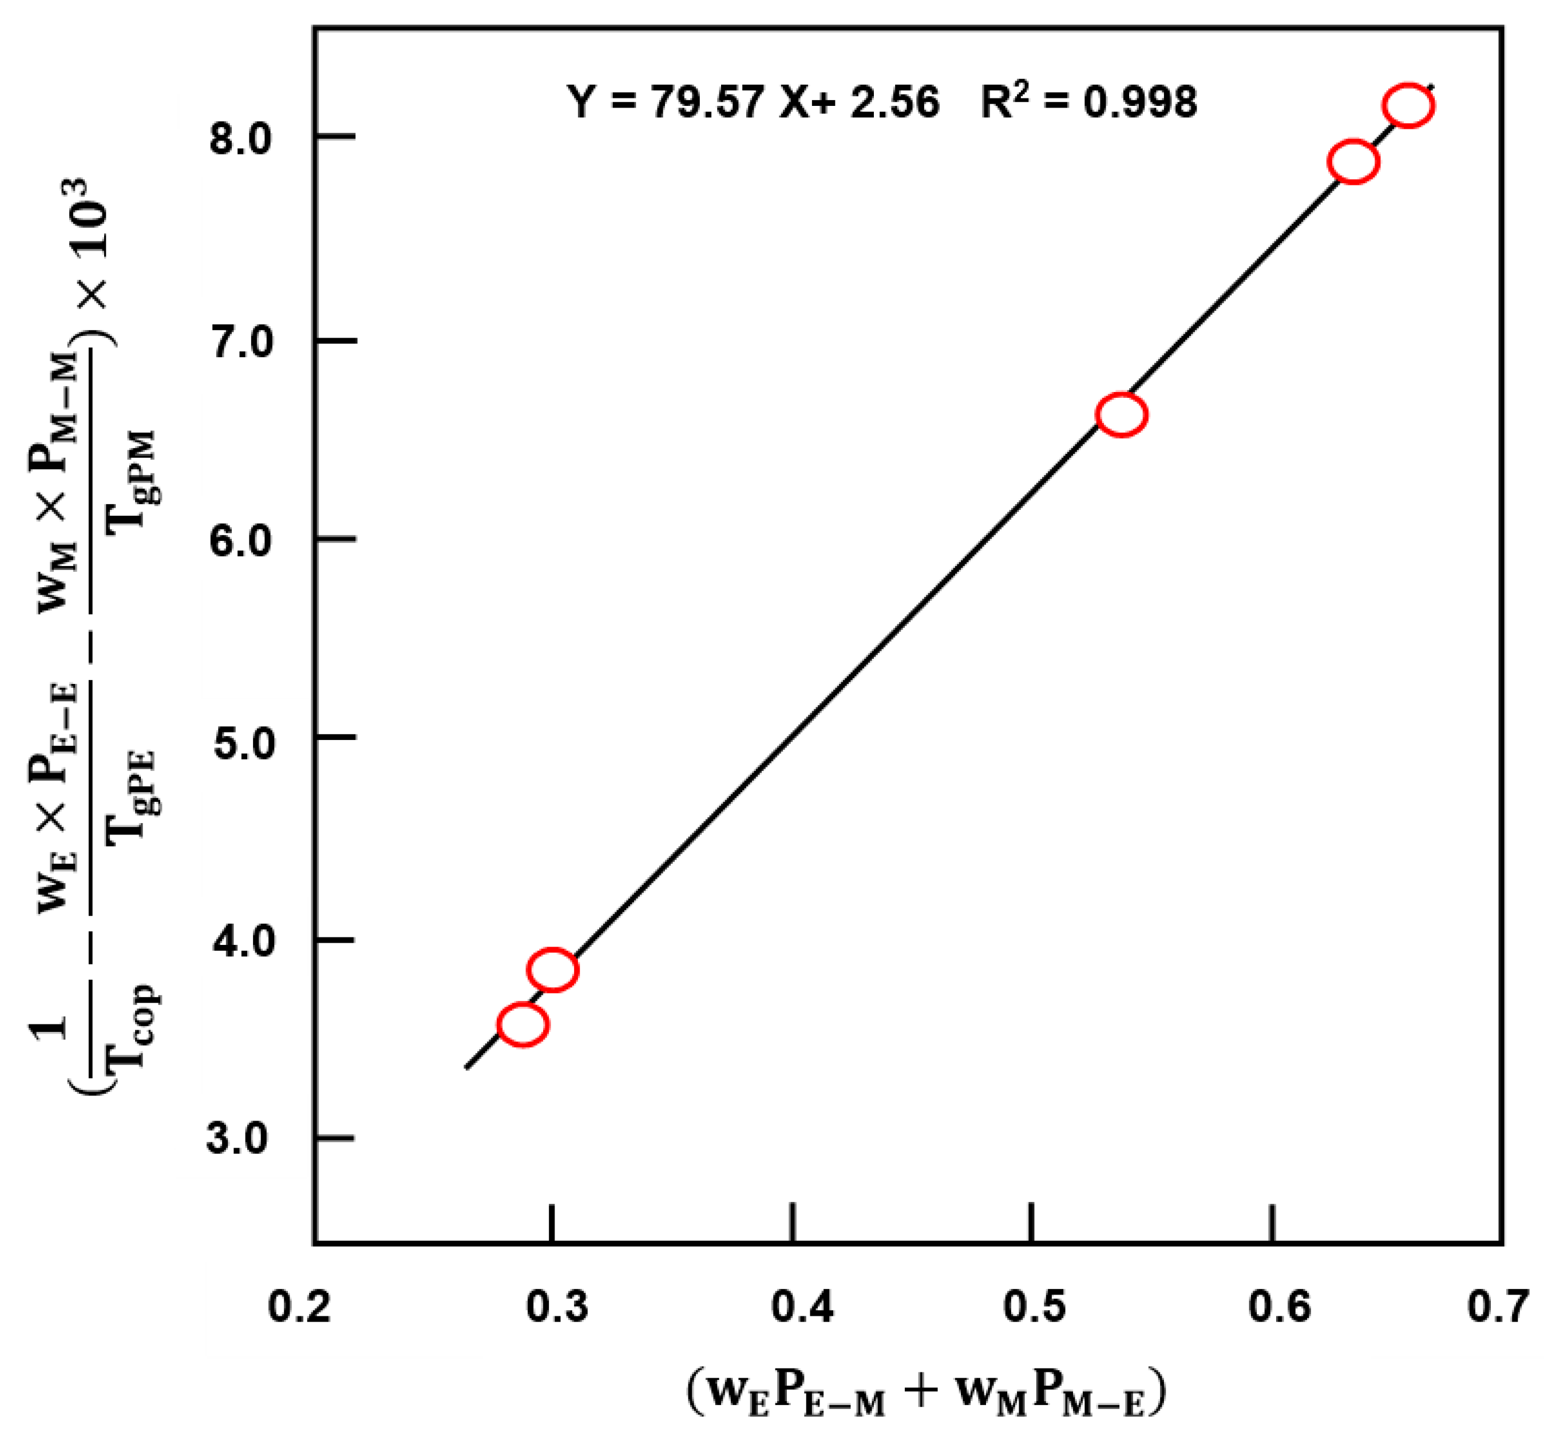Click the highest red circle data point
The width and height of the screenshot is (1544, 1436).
click(1407, 106)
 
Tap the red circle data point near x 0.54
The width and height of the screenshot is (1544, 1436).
click(1121, 415)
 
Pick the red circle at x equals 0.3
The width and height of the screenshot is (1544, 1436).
click(552, 969)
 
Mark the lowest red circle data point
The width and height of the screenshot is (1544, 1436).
click(522, 1025)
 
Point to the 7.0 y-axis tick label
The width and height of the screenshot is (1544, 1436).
click(242, 342)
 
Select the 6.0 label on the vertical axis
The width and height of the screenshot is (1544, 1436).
click(242, 540)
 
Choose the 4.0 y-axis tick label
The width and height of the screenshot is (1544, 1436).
click(242, 941)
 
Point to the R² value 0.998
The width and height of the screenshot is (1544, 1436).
click(1140, 102)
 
